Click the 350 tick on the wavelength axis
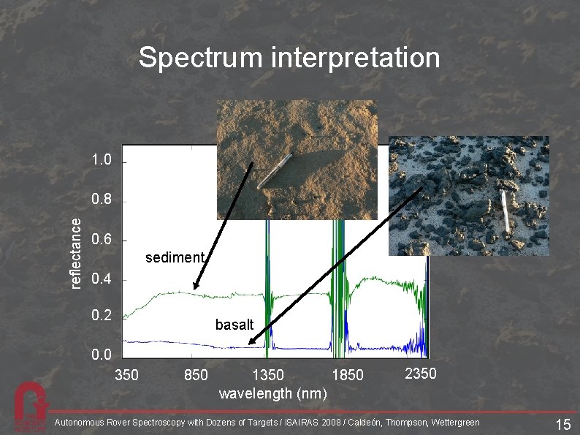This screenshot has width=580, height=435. [x=127, y=376]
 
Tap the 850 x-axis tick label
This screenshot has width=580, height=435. [x=196, y=376]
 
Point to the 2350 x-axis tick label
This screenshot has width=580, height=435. [x=421, y=374]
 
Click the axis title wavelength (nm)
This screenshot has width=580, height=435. [x=272, y=393]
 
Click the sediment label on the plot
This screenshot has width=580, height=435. [x=175, y=257]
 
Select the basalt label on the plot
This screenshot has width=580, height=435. [x=234, y=324]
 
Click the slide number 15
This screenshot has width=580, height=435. [x=562, y=425]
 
